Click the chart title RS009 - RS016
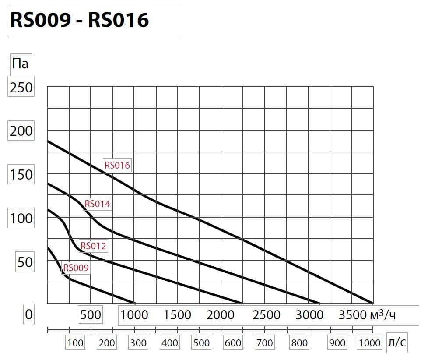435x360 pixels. [x=80, y=20]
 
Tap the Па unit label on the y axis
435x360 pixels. [x=21, y=64]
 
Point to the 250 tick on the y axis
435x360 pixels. [x=21, y=87]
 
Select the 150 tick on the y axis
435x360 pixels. [x=21, y=174]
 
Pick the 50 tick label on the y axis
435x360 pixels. [x=25, y=262]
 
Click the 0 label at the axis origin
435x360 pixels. [x=28, y=314]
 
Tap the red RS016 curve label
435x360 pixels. [x=117, y=165]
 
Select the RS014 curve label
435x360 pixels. [x=97, y=204]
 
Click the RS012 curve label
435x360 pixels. [x=93, y=246]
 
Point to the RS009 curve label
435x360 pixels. [x=76, y=267]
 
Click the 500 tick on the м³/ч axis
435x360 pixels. [x=91, y=314]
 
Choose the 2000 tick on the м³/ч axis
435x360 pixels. [x=221, y=314]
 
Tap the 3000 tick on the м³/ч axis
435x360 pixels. [x=309, y=314]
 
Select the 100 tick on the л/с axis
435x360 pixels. [x=75, y=342]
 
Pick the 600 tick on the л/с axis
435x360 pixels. [x=232, y=342]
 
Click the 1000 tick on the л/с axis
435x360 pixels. [x=370, y=342]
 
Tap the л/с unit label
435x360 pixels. [x=397, y=342]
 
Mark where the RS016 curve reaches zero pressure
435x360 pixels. [x=373, y=303]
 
